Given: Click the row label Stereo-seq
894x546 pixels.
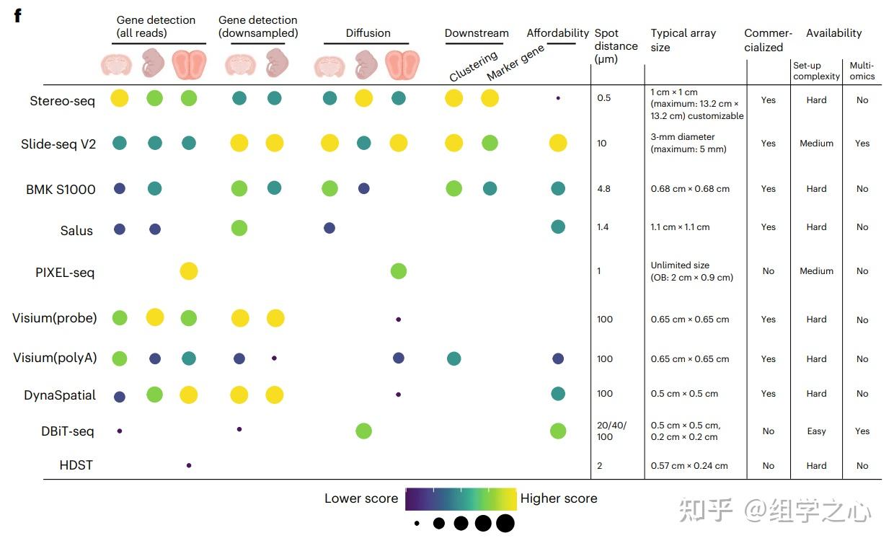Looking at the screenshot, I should [62, 101].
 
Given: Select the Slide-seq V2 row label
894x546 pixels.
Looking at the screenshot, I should [58, 144].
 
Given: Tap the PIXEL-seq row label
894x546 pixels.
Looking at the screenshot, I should [64, 273].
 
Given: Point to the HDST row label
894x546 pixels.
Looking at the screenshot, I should [76, 465].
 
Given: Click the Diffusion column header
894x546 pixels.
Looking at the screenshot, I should [368, 33].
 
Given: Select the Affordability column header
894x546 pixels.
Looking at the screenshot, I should [557, 33].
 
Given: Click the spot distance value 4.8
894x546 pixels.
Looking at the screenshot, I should [603, 189].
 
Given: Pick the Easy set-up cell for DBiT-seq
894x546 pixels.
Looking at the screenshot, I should [816, 431].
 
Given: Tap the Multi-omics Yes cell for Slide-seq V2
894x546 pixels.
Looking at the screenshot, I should [862, 144].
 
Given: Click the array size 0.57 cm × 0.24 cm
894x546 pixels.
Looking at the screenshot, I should [689, 466].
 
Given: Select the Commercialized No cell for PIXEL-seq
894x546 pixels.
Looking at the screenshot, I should [768, 271].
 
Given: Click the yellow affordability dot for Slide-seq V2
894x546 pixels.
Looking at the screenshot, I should [558, 143].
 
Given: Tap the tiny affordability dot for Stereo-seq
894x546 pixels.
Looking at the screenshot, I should [558, 97].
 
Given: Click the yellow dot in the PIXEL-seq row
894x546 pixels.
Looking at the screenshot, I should [188, 271].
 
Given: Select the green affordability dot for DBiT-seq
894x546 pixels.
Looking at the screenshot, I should [558, 431].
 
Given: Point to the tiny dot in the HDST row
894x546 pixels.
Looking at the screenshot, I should [189, 465].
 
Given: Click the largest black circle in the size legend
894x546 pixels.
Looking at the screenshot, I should [505, 523].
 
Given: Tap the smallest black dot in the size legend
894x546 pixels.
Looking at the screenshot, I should [417, 524].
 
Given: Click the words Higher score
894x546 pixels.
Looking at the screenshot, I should [559, 498].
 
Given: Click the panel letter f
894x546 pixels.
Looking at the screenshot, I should [17, 16].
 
